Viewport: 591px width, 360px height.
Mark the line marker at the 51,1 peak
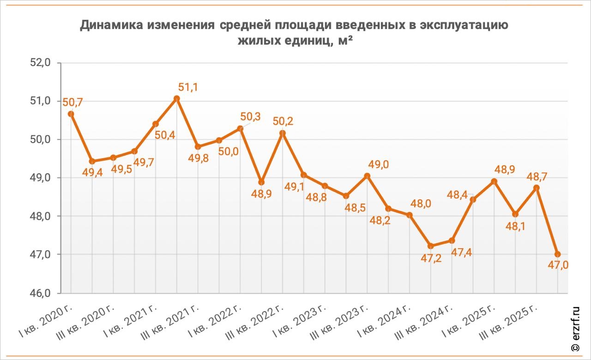[x=176, y=98]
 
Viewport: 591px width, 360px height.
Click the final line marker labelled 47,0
[x=557, y=254]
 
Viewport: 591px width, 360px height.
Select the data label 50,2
[x=283, y=121]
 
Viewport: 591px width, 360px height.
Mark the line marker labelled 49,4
[x=92, y=161]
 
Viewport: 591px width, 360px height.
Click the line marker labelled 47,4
[x=452, y=240]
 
